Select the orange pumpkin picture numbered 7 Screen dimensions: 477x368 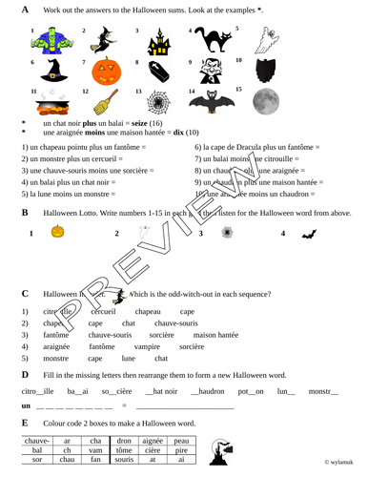point(102,74)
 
